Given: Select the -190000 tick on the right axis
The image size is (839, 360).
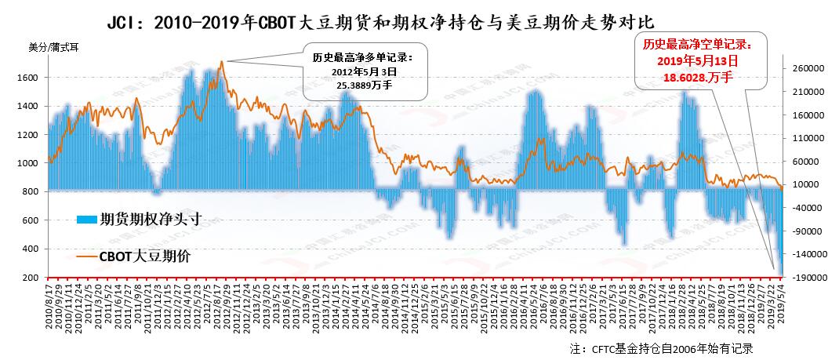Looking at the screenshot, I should pyautogui.click(x=807, y=278).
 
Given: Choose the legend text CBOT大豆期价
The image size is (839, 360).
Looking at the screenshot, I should pyautogui.click(x=144, y=256).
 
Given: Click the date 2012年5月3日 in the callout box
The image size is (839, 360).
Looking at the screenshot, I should pyautogui.click(x=365, y=71).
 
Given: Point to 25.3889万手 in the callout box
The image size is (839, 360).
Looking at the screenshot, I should pyautogui.click(x=365, y=84).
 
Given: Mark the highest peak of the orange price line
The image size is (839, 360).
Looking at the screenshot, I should pyautogui.click(x=222, y=61).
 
